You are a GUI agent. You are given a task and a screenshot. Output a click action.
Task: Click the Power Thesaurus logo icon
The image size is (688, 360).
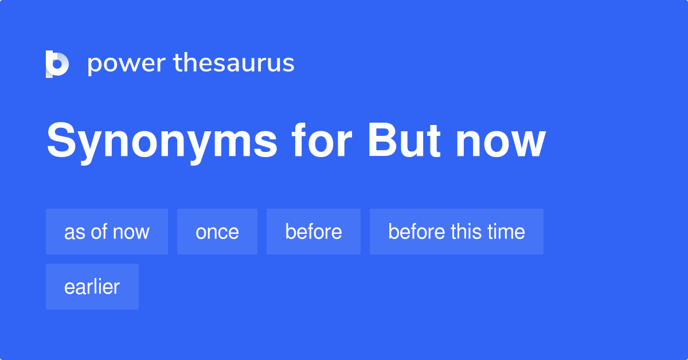tap(57, 64)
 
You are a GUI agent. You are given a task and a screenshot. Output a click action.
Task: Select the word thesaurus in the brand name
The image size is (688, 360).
tap(234, 64)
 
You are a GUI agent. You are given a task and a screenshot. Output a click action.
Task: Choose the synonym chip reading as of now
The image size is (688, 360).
tap(107, 232)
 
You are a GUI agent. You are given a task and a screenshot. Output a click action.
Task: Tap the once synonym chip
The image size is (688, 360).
tap(217, 232)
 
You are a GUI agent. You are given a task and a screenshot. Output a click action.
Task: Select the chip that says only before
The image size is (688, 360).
tap(314, 232)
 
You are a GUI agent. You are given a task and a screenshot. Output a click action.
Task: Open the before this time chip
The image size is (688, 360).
tap(456, 232)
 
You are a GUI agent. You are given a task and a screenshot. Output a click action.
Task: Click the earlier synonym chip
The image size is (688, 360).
tap(92, 287)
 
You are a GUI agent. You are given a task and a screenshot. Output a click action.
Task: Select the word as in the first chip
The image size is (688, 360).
tap(72, 232)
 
